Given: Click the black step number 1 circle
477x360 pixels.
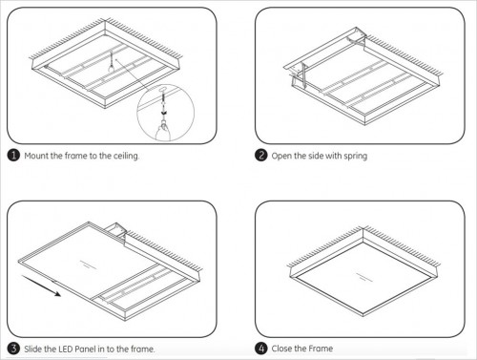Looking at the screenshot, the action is point(13,156).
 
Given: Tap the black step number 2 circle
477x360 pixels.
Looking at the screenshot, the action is point(261,156).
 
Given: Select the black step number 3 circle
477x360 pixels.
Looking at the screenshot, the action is point(13,349).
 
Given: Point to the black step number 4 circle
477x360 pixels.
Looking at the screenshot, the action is point(261,349).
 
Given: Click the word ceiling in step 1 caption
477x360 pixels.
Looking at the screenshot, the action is point(126,156).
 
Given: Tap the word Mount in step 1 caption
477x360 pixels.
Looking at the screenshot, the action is point(36,156).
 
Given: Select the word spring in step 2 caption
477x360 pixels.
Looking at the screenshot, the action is point(356,157).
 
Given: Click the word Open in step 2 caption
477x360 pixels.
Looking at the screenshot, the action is point(281,157).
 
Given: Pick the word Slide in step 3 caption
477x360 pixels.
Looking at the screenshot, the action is point(33,349).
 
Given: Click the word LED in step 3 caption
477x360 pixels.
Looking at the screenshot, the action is point(66,349).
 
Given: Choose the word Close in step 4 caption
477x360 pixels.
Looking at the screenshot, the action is point(281,349).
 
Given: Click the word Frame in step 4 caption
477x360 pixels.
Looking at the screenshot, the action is point(321,349).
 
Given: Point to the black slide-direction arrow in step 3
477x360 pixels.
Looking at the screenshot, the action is point(41,286).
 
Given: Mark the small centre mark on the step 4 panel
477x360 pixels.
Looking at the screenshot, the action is point(363,277).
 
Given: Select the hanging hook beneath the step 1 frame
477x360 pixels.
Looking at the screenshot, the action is point(111,63).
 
